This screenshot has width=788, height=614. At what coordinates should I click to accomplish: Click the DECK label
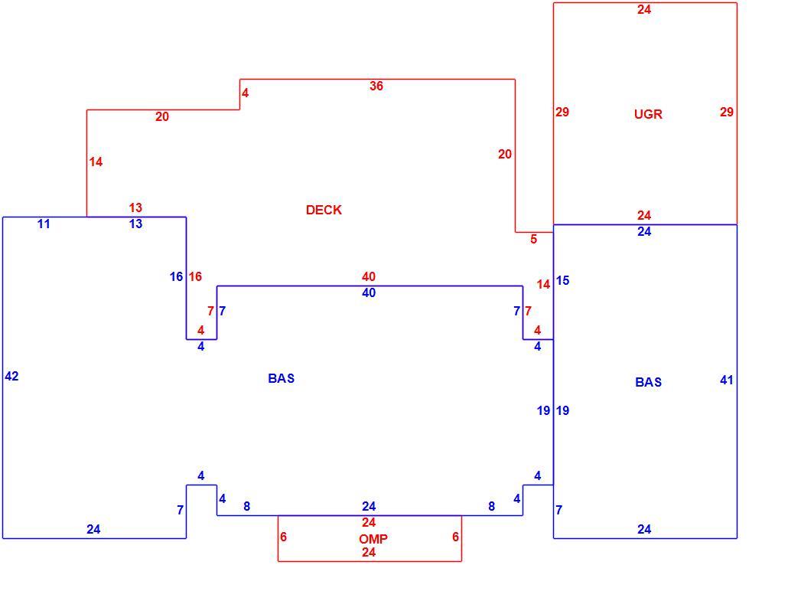click(x=324, y=210)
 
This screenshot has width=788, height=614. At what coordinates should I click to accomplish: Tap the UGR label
click(x=648, y=114)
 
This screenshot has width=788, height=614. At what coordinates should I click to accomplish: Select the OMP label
click(x=373, y=539)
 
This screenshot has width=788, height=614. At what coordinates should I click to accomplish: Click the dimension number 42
click(x=11, y=376)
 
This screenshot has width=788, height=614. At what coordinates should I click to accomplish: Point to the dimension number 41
click(x=726, y=380)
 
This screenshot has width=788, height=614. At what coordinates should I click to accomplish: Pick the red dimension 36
click(x=376, y=86)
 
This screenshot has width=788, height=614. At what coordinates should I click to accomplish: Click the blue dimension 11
click(x=44, y=224)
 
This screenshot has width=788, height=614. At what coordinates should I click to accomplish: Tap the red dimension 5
click(x=533, y=240)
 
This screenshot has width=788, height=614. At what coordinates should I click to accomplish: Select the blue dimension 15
click(x=562, y=281)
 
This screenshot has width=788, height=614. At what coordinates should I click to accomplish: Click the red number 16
click(x=195, y=276)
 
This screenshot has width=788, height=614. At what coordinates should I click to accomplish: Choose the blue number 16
click(x=176, y=276)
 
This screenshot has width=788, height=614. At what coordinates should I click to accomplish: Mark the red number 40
click(x=368, y=276)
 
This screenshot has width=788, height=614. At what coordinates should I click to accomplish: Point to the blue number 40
click(x=368, y=292)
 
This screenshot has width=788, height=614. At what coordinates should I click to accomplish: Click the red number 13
click(x=135, y=207)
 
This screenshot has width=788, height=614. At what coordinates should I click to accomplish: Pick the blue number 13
click(x=135, y=224)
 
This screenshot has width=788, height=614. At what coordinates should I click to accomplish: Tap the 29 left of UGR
click(x=562, y=112)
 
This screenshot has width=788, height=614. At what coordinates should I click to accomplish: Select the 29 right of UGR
click(x=726, y=112)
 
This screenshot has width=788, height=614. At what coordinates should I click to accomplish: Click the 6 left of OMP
click(x=283, y=537)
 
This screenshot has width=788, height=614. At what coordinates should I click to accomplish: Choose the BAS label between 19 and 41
click(x=648, y=382)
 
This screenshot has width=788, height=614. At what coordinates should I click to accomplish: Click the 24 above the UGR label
click(x=643, y=9)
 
